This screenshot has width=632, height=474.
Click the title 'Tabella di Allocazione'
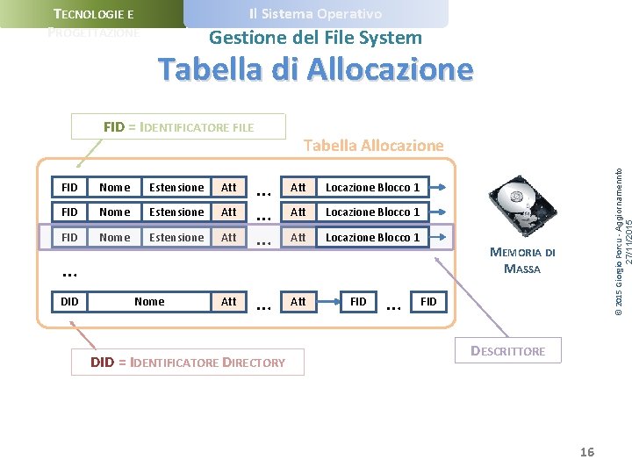[x=315, y=68]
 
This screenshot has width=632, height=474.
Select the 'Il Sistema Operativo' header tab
[x=315, y=14]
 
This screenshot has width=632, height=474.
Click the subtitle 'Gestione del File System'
[x=315, y=38]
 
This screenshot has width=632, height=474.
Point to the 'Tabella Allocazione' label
[x=373, y=145]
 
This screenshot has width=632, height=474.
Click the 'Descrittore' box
[x=508, y=351]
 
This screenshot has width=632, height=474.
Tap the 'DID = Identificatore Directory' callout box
[x=188, y=362]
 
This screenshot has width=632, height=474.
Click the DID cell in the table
[x=70, y=301]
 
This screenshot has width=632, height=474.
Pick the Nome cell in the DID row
[x=149, y=301]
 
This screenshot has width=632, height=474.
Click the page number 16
[x=586, y=452]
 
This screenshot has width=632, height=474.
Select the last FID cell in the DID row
[x=428, y=301]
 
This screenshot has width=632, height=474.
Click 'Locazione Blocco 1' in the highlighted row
[x=373, y=237]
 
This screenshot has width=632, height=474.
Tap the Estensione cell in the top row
[x=176, y=187]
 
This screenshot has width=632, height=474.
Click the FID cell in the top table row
[x=70, y=187]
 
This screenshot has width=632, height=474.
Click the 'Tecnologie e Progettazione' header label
[x=93, y=23]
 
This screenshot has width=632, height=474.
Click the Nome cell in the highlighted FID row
[x=115, y=237]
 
